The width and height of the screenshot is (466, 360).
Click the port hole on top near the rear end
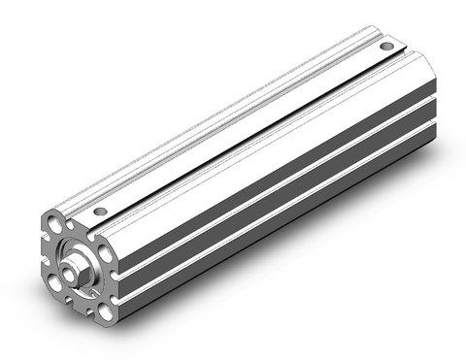pyautogui.click(x=386, y=46)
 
